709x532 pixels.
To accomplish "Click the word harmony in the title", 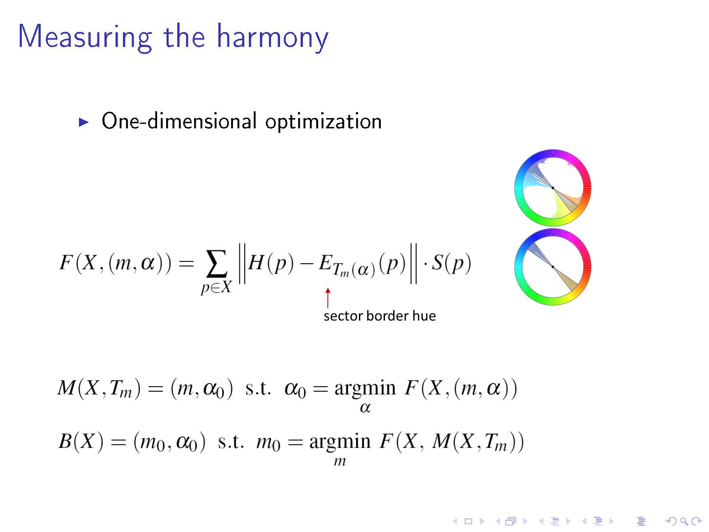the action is coord(273,37).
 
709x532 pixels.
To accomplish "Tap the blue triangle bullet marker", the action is coord(84,122).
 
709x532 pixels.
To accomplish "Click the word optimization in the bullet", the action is coord(323,122).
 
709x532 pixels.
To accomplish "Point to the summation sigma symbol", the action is coord(216,264).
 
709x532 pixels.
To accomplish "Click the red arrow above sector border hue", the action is coord(328,298).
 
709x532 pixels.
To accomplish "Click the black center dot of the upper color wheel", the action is coord(553,188).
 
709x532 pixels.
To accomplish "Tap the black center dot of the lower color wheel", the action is coord(553,267).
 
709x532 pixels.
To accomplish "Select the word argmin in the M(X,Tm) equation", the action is coord(365,388).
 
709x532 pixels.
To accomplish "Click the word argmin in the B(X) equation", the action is coord(340,442).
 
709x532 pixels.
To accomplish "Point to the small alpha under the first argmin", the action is coord(365,408).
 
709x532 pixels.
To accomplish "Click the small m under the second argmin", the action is coord(340,462).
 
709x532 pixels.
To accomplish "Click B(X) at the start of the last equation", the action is coord(81,441).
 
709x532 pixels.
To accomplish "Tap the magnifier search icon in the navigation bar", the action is coord(684,521).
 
